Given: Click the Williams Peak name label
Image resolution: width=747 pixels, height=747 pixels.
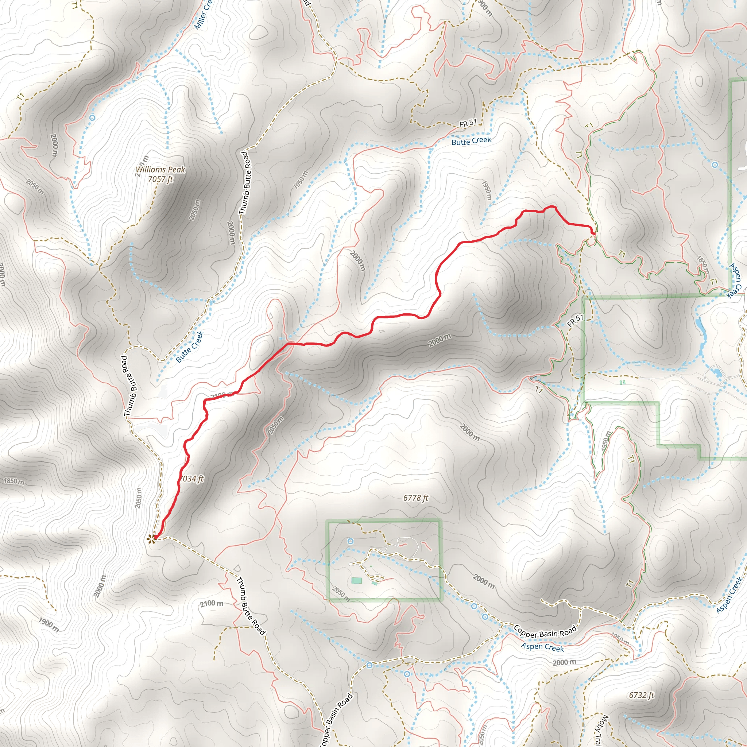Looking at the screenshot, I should point(160,170).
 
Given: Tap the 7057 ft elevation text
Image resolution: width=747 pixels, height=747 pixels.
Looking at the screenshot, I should point(160,179).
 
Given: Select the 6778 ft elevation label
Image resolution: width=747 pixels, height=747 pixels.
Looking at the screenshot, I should point(416,498).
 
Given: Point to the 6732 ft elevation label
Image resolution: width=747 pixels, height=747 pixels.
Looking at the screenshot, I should point(642,695).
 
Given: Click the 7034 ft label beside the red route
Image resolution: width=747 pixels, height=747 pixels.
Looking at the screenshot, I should point(192,479).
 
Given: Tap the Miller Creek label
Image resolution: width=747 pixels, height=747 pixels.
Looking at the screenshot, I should point(203,15).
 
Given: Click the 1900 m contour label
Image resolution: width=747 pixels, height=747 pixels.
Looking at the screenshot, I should point(49,624).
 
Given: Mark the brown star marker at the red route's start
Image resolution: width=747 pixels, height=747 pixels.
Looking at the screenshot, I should point(151,539).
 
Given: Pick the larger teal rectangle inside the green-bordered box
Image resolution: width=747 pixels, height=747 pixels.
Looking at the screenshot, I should point(356,580).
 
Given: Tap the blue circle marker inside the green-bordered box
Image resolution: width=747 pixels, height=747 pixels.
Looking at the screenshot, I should point(350,541).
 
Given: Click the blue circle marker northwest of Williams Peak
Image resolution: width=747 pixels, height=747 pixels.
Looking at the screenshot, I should point(92,117).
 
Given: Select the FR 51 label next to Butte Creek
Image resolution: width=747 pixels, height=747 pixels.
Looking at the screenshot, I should point(468,123).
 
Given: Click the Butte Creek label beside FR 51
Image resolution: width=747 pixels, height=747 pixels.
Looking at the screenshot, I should point(471,141).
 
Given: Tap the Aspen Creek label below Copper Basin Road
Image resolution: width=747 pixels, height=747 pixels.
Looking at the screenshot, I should point(542,646).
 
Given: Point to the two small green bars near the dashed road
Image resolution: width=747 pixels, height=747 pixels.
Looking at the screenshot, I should point(623,382).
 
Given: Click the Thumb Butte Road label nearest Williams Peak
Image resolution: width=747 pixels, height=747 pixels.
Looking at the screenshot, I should point(245,183).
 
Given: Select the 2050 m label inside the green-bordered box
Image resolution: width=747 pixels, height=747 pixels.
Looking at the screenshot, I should point(341,594).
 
